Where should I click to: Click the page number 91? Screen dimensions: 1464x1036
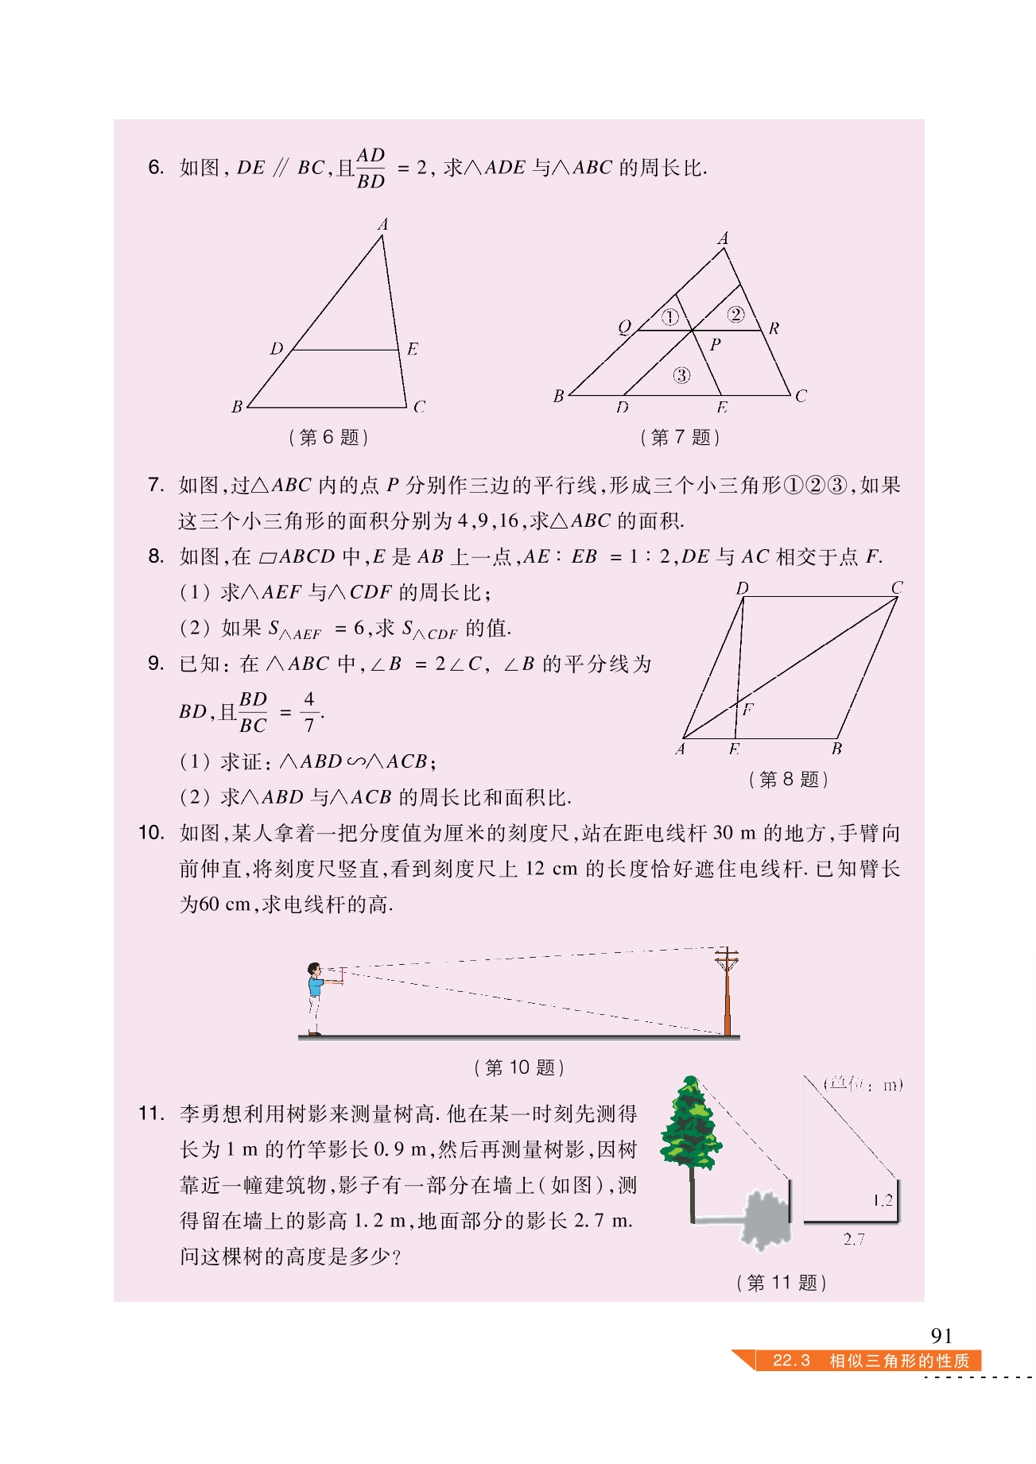(x=941, y=1335)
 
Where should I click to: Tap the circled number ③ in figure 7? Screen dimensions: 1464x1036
(x=681, y=375)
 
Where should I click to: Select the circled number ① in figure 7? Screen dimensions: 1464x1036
(x=670, y=317)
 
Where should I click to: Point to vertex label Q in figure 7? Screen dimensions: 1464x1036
(x=624, y=327)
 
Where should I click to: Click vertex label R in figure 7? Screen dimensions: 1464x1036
(x=774, y=328)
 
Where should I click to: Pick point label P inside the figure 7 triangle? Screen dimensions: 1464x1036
(x=716, y=345)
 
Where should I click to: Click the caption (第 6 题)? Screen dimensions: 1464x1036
(x=328, y=437)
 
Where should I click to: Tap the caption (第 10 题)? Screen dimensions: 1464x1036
(x=519, y=1067)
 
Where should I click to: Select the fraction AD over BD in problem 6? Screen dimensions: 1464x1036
(x=371, y=168)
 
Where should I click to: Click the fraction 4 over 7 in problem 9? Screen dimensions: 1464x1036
(x=309, y=711)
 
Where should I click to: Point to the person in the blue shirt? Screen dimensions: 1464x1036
(x=316, y=997)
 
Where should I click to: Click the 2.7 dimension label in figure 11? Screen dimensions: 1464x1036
(x=853, y=1239)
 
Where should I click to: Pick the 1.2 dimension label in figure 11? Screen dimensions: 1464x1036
(x=883, y=1200)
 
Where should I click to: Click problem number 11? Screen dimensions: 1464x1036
(x=151, y=1113)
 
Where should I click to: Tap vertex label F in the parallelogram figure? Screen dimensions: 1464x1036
(x=747, y=709)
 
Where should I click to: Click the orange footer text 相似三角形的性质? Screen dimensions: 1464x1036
(x=899, y=1361)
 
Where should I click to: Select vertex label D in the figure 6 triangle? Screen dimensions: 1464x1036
(x=277, y=349)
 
